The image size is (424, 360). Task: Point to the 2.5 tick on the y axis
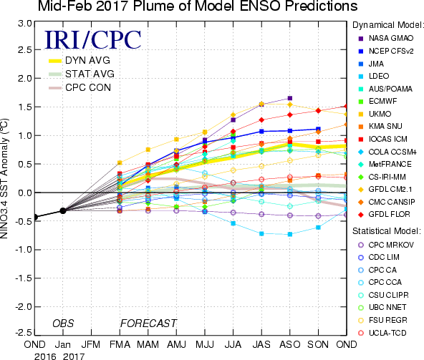[x=25, y=50]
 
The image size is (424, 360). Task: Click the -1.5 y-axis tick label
[x=23, y=278]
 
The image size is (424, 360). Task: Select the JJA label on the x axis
[x=233, y=344]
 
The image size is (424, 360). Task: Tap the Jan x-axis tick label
[x=63, y=344]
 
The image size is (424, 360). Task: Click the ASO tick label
[x=290, y=344]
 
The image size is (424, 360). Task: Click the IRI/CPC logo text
[x=93, y=40]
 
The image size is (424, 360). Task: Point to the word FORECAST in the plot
[x=148, y=323]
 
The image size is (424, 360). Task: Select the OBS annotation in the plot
[x=63, y=323]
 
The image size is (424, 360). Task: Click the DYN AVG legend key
[x=55, y=61]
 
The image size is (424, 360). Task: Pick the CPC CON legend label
[x=88, y=87]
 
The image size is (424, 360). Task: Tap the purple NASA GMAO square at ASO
[x=290, y=98]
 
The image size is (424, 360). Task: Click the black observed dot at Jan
[x=63, y=210]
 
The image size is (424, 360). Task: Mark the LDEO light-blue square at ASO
[x=290, y=234]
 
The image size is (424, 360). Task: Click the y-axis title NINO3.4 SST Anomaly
[x=4, y=178]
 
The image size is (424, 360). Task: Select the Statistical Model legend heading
[x=387, y=231]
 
